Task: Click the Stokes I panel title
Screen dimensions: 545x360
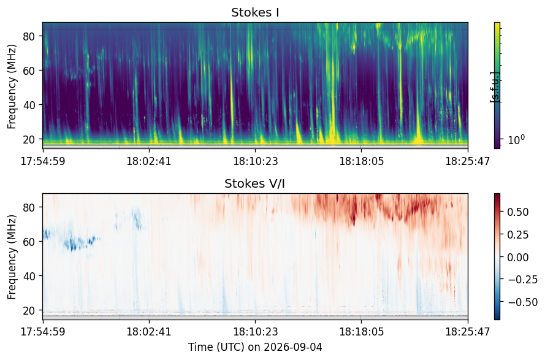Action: pos(255,12)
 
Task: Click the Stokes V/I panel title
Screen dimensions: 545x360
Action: pos(255,183)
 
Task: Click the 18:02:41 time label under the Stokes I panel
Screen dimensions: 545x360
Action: pos(149,161)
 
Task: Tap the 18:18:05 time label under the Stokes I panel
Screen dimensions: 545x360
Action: pos(361,161)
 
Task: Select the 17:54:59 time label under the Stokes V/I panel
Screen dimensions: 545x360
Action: pos(43,331)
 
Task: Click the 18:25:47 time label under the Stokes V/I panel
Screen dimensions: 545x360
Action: pos(468,331)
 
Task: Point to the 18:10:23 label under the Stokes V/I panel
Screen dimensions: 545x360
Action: pos(256,331)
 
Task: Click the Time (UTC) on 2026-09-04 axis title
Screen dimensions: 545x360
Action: pos(255,347)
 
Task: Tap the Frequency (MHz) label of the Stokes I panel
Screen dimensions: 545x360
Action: pos(12,86)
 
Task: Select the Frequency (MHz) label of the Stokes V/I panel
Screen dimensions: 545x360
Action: pos(12,257)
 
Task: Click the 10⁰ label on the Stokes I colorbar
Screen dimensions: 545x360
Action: pos(517,140)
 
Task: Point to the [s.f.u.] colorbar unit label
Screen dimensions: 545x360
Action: pos(495,87)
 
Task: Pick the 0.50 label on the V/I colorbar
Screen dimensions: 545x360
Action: pos(518,212)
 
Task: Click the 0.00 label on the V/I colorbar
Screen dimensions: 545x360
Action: pos(518,258)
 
